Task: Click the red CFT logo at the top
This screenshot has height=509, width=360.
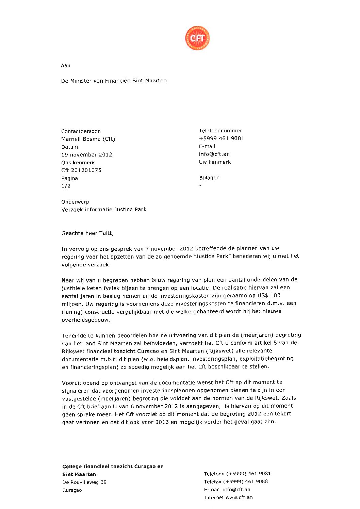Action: coord(197,38)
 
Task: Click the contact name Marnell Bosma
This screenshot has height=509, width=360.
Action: coord(88,139)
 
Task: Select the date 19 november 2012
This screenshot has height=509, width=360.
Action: coord(87,154)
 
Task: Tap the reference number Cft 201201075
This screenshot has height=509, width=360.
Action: coord(81,170)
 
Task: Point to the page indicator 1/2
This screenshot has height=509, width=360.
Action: coord(66,186)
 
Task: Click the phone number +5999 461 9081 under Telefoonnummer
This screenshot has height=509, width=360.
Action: coord(222,138)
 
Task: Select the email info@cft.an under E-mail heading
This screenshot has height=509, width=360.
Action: coord(214,154)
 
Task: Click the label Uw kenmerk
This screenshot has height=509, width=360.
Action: coord(215,162)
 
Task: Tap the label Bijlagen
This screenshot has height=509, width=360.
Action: coord(209,178)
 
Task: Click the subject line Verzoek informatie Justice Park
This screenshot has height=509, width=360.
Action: coord(104,209)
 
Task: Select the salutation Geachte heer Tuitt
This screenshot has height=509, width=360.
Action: coord(87,233)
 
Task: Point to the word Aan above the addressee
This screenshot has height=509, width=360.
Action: coord(66,65)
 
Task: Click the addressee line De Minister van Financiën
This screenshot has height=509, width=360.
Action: coord(114,81)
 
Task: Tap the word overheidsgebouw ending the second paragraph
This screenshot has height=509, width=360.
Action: coord(86,320)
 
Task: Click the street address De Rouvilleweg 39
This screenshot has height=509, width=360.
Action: coord(84,482)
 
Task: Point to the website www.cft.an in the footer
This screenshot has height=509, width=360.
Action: coord(239,497)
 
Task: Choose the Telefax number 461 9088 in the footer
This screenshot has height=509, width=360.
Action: coord(256,481)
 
